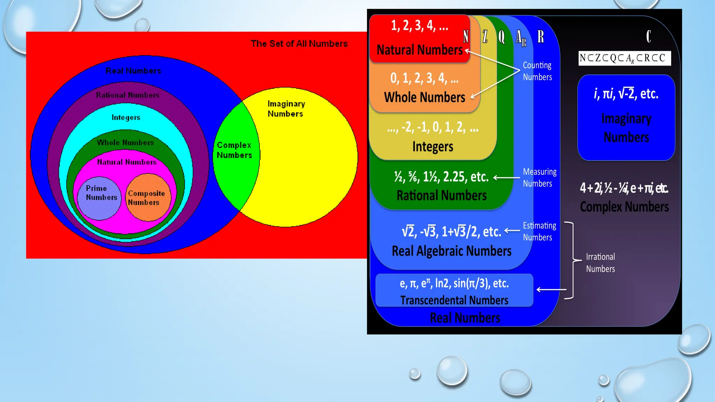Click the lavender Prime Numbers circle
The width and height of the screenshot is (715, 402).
pyautogui.click(x=99, y=198)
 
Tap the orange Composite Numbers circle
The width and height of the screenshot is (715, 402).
pyautogui.click(x=148, y=198)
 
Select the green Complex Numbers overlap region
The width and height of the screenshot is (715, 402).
pyautogui.click(x=235, y=154)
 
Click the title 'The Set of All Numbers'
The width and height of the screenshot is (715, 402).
pyautogui.click(x=299, y=44)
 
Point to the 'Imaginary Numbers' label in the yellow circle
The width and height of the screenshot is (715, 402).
pyautogui.click(x=286, y=109)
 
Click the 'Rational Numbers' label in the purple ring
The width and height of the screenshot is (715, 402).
pyautogui.click(x=127, y=95)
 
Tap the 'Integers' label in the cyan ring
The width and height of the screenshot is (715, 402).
pyautogui.click(x=126, y=118)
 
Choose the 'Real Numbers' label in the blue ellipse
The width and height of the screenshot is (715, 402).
pyautogui.click(x=133, y=71)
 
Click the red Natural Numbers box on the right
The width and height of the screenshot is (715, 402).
pyautogui.click(x=419, y=38)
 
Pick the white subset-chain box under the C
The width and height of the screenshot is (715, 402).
pyautogui.click(x=625, y=58)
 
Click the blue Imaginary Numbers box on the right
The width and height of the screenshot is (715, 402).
pyautogui.click(x=626, y=118)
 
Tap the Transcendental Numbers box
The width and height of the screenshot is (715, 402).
pyautogui.click(x=454, y=291)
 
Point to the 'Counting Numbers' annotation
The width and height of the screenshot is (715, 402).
pyautogui.click(x=537, y=71)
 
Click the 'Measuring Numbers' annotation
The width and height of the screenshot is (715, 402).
pyautogui.click(x=539, y=178)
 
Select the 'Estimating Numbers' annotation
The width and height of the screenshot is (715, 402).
pyautogui.click(x=539, y=231)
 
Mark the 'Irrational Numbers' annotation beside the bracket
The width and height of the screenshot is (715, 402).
pyautogui.click(x=600, y=263)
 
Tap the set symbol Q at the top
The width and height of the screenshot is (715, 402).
pyautogui.click(x=501, y=37)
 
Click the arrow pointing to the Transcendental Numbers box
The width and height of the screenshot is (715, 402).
pyautogui.click(x=551, y=290)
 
